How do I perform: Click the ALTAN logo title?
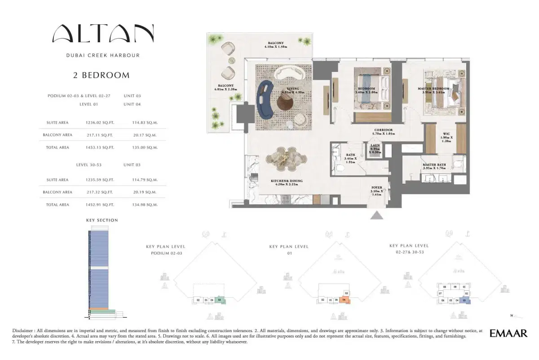pyautogui.click(x=103, y=34)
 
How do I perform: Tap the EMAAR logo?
pyautogui.click(x=508, y=333)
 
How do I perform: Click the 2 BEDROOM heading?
pyautogui.click(x=102, y=76)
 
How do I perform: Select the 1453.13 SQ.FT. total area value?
pyautogui.click(x=100, y=147)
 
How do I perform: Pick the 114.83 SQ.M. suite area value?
pyautogui.click(x=145, y=122)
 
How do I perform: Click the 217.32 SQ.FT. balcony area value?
pyautogui.click(x=100, y=192)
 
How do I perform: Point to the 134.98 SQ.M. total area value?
pyautogui.click(x=145, y=205)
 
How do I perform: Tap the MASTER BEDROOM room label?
pyautogui.click(x=433, y=89)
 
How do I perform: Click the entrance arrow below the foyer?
pyautogui.click(x=377, y=215)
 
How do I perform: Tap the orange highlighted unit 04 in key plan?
pyautogui.click(x=344, y=300)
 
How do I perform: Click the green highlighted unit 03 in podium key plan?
pyautogui.click(x=219, y=300)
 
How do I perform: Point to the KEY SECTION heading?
pyautogui.click(x=102, y=220)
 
